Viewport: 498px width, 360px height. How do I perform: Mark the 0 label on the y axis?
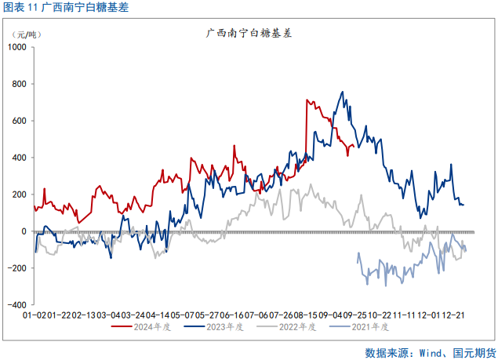pos(24,231)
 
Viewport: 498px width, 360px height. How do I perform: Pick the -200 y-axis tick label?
pos(16,268)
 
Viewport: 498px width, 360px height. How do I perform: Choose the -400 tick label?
pos(16,305)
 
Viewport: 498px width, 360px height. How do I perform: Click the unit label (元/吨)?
pos(29,34)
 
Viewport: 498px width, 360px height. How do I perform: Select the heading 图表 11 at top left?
pos(21,8)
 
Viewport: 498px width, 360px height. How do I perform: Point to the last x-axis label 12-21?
pos(453,315)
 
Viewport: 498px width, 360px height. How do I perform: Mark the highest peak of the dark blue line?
pos(343,92)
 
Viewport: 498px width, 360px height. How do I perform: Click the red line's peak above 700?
pos(307,100)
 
